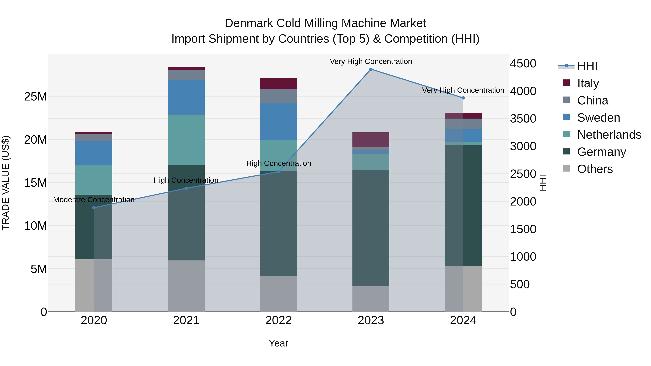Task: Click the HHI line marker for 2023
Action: click(371, 69)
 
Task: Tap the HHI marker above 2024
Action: click(463, 98)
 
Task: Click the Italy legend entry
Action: click(588, 83)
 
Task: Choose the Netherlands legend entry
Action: click(609, 135)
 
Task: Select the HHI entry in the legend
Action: click(587, 66)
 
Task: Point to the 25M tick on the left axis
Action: click(35, 97)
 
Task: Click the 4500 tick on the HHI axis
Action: click(523, 63)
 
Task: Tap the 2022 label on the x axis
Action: click(278, 320)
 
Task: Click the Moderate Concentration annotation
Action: click(94, 200)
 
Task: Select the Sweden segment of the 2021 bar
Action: click(186, 97)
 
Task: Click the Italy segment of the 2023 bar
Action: click(371, 140)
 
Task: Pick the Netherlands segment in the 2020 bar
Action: click(94, 180)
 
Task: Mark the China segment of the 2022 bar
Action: click(278, 96)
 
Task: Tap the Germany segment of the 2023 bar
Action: click(371, 228)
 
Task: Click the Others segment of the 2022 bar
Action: click(278, 294)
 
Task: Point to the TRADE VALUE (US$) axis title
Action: click(6, 183)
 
